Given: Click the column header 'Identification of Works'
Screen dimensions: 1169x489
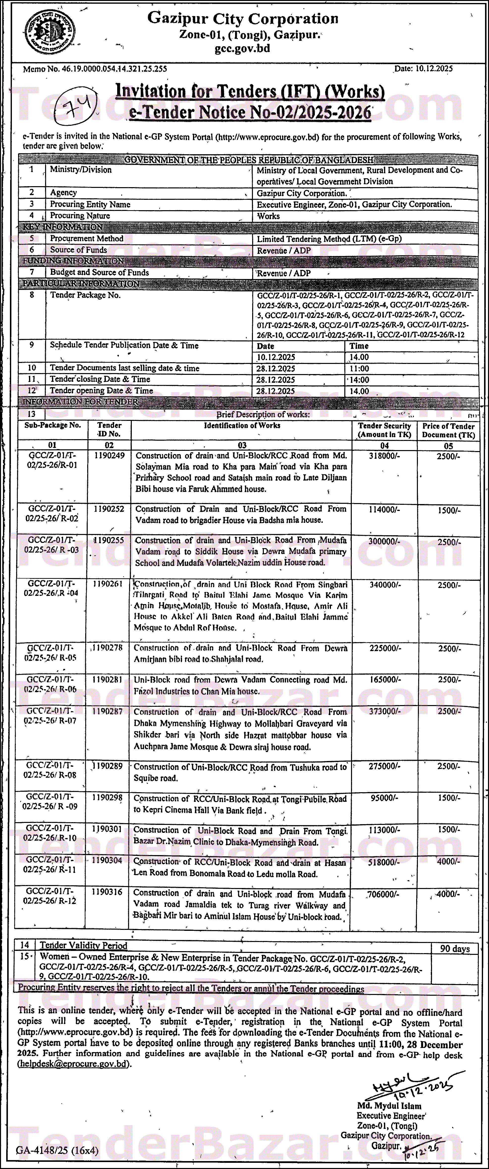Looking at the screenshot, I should coord(242,426).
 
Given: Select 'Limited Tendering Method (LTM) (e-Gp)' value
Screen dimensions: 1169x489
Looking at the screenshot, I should coord(329,239).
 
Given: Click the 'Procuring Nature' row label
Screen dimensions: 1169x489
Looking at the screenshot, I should coord(80,216).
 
